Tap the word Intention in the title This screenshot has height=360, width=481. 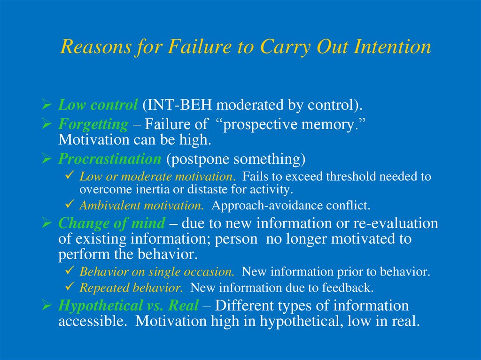[392, 46]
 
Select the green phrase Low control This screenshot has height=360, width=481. [98, 105]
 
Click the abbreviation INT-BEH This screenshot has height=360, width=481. [178, 105]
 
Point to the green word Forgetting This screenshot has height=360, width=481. [93, 124]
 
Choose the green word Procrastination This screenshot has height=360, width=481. [109, 159]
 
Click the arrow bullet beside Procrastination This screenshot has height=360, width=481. [47, 159]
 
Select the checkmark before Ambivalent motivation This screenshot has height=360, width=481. [70, 204]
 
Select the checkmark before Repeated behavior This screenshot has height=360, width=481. [70, 286]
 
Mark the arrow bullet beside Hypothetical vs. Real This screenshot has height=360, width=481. [47, 306]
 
